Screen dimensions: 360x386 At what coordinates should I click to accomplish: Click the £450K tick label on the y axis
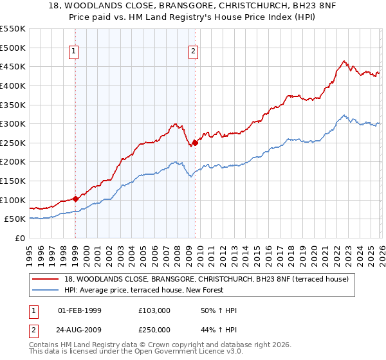coord(13,66)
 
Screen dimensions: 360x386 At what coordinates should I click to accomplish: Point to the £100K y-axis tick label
coord(13,200)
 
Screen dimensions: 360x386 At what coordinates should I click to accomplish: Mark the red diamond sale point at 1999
coord(75,199)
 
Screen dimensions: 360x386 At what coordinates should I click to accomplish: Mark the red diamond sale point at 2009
coord(195,143)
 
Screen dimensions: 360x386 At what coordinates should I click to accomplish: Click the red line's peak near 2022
coord(344,62)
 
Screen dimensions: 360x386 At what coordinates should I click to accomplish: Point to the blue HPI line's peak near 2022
coord(345,116)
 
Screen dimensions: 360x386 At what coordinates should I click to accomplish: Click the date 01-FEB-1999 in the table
coord(79,310)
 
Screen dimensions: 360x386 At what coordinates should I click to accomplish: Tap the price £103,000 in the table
coord(154,310)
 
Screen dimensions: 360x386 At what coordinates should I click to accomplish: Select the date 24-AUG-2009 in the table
coord(80,329)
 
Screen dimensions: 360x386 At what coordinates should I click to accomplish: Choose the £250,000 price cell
coord(154,329)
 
